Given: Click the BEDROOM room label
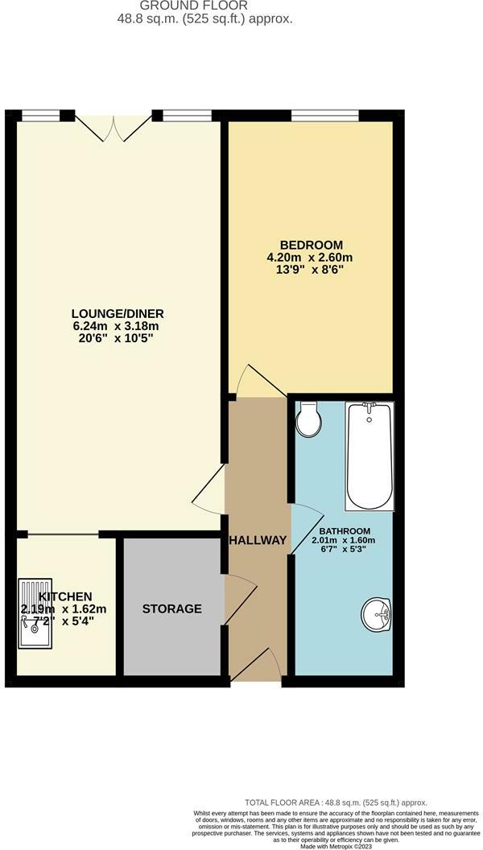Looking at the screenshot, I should click(x=311, y=245).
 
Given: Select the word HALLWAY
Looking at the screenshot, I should click(x=258, y=540).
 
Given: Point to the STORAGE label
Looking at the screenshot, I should click(x=172, y=609).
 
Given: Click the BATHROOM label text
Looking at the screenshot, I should click(x=345, y=531).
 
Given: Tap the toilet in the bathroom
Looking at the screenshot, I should click(x=308, y=420).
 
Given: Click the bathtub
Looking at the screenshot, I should click(x=369, y=456).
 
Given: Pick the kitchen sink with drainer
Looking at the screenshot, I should click(x=35, y=613).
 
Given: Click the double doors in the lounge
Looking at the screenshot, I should click(x=114, y=126).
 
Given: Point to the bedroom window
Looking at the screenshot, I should click(x=324, y=117).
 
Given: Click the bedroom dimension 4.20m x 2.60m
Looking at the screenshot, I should click(x=311, y=258).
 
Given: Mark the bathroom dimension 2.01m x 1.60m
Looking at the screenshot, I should click(x=345, y=540).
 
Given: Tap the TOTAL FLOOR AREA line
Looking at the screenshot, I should click(x=336, y=803).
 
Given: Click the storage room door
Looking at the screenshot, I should click(x=239, y=600).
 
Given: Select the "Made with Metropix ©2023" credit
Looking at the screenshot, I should click(x=336, y=846).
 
